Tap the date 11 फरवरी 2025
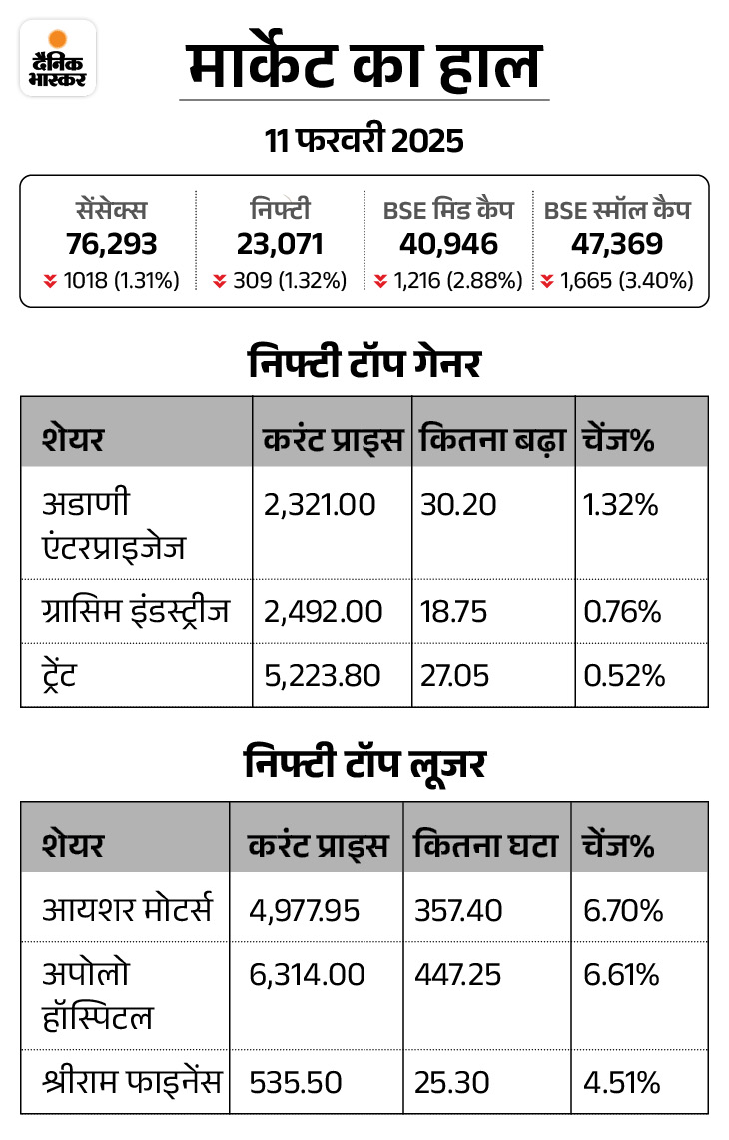pos(364,140)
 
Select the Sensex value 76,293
pos(112,244)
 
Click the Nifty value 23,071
pos(280,244)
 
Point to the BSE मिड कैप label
pos(448,210)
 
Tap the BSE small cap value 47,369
pos(617,244)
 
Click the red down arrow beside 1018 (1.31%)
pos(49,282)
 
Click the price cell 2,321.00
pos(320,505)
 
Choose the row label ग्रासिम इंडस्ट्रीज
pos(136,611)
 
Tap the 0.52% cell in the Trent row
pos(623,676)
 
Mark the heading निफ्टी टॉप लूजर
pos(364,764)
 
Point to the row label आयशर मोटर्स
pos(127,910)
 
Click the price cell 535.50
pos(296,1082)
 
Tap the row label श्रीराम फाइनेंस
pos(132,1081)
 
